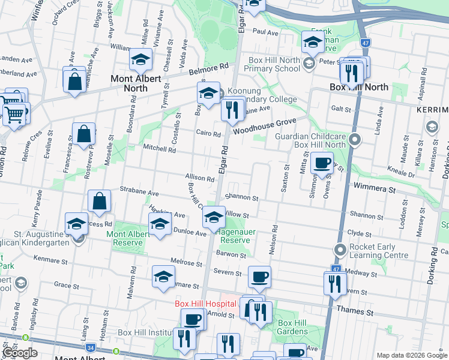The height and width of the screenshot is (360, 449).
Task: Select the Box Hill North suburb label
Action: [359, 87]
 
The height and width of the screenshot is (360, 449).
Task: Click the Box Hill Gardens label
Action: [292, 327]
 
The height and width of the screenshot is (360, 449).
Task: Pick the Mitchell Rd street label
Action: [159, 148]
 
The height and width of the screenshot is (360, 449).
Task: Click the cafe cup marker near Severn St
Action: [259, 277]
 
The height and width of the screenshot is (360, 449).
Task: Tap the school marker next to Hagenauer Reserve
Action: [213, 217]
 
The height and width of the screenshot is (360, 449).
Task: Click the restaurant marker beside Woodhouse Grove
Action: [232, 110]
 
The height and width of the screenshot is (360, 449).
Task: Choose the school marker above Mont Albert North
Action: [140, 59]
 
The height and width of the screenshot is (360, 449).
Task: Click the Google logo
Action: [19, 353]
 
